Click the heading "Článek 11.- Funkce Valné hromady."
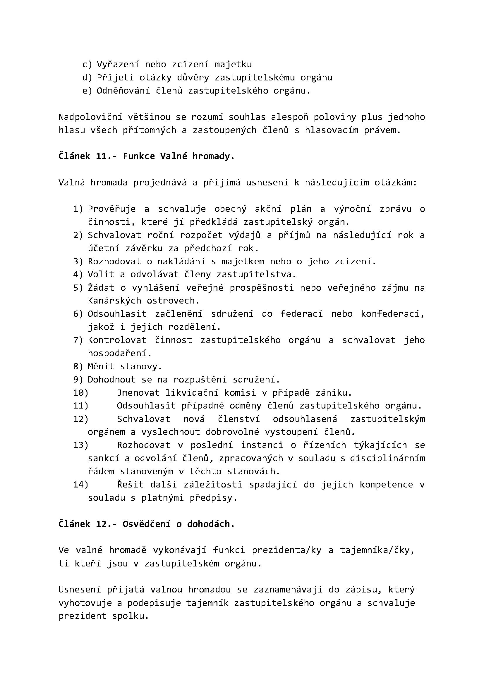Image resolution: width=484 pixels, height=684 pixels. [x=146, y=156]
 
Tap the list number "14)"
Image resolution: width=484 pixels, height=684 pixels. [x=80, y=485]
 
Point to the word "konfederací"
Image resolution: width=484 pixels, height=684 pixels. [x=392, y=314]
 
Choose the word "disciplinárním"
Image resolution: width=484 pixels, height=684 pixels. [x=387, y=459]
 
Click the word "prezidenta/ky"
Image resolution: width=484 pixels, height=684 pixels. [x=287, y=550]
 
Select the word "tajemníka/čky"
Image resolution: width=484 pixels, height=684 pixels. [x=377, y=550]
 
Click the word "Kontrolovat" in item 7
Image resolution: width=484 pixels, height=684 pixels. [x=117, y=340]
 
